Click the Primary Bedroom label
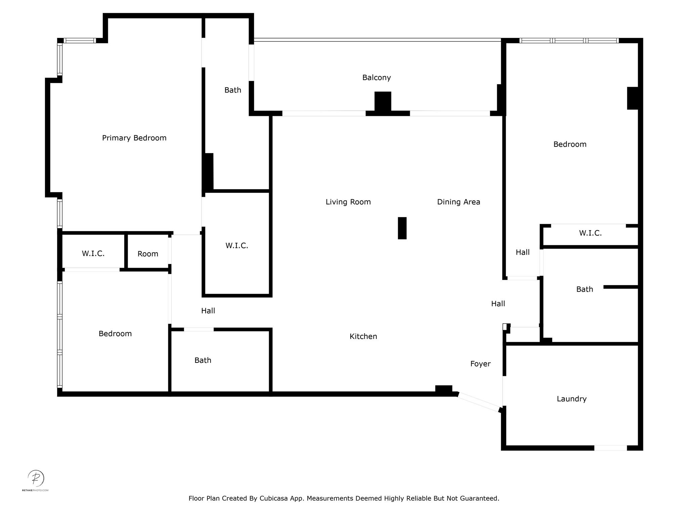(134, 138)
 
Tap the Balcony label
(377, 78)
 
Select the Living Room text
(348, 202)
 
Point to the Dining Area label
(459, 202)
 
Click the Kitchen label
(363, 336)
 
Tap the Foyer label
(480, 364)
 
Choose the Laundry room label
(572, 399)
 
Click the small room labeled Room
(148, 254)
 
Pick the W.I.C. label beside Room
(93, 254)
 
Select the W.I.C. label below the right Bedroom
(590, 233)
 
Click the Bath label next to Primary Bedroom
(233, 90)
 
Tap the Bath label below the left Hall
(203, 360)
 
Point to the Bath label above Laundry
(585, 289)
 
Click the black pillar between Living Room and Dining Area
(402, 228)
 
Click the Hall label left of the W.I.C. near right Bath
(523, 252)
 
